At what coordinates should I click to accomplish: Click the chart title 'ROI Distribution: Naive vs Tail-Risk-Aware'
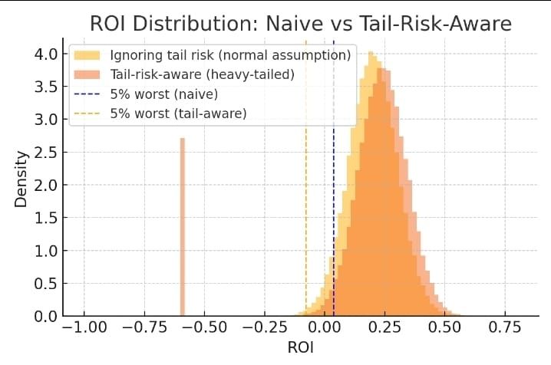pos(300,23)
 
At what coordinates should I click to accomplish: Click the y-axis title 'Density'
pos(21,179)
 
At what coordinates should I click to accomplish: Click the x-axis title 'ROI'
pos(300,347)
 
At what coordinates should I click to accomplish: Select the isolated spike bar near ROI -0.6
pos(183,227)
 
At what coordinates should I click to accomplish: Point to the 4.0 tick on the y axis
pos(44,54)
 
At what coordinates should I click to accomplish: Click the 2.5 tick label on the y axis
pos(44,153)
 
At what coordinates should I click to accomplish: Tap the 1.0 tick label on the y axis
pos(44,251)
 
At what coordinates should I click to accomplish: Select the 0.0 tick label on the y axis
pos(44,316)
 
